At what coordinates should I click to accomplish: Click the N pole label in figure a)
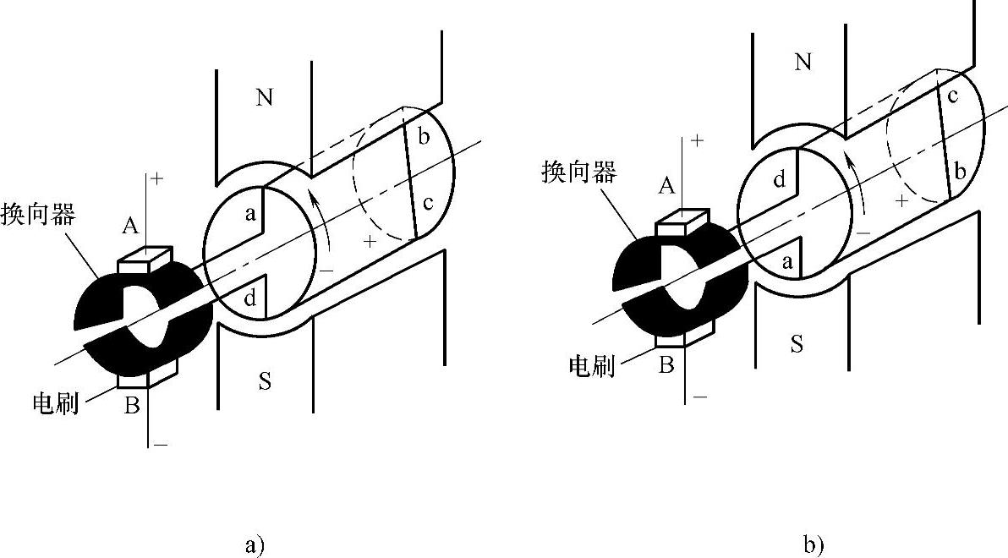[x=265, y=98]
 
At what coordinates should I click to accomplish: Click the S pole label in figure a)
[x=265, y=382]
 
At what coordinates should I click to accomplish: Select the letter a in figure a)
[x=251, y=215]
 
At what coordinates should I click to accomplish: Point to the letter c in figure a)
[x=429, y=203]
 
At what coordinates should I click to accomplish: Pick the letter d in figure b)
[x=780, y=179]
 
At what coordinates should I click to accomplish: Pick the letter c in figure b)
[x=952, y=96]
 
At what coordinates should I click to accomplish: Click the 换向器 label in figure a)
[x=39, y=212]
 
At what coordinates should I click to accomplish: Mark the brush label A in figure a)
[x=130, y=225]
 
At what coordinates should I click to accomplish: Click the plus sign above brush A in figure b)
[x=698, y=141]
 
